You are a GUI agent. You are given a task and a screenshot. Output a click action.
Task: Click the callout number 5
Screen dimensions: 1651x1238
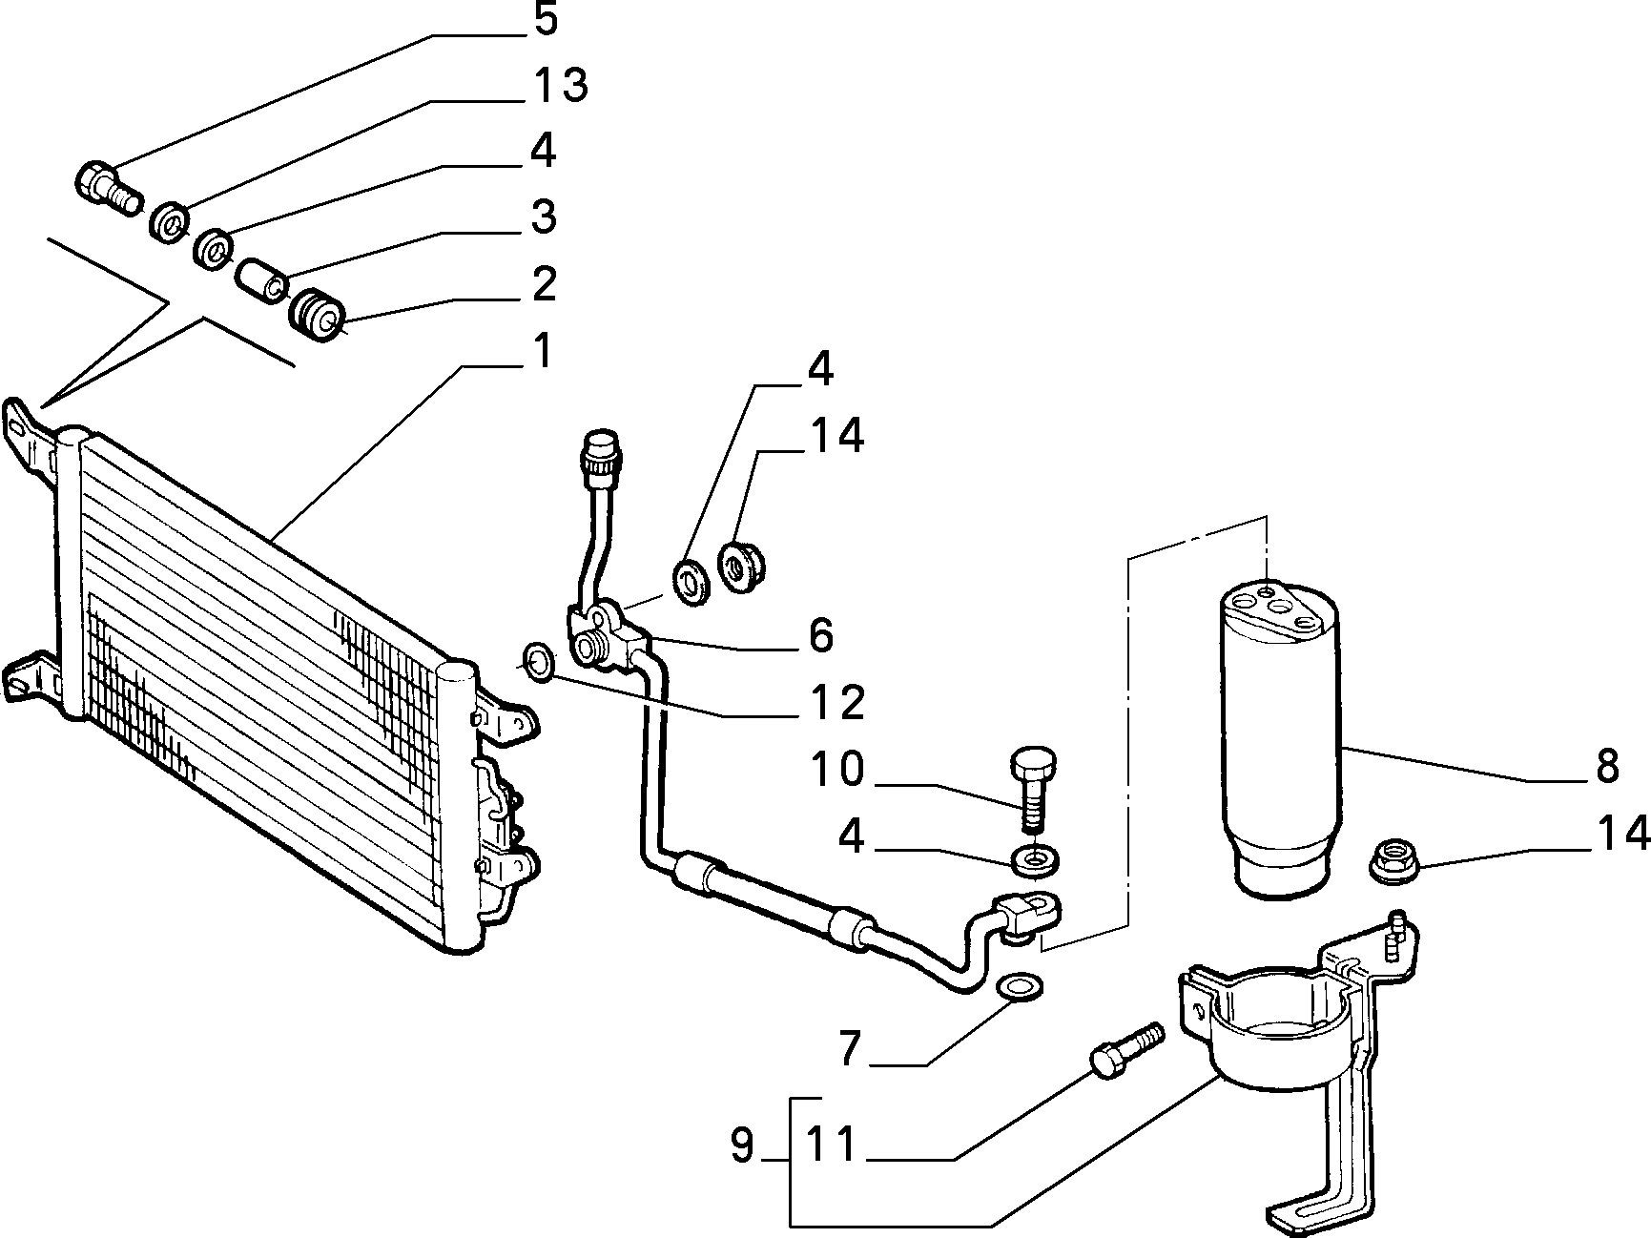pyautogui.click(x=545, y=19)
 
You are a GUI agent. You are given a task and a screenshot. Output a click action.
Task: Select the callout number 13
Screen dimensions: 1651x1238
pyautogui.click(x=558, y=86)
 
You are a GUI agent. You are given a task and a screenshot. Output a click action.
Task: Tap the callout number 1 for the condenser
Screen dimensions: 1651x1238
pyautogui.click(x=541, y=352)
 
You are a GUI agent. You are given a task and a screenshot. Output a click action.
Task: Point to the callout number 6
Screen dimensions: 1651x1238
pyautogui.click(x=820, y=635)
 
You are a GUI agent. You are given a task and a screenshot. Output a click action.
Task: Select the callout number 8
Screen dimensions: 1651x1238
pyautogui.click(x=1607, y=765)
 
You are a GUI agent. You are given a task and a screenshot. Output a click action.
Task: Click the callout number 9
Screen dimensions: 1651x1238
pyautogui.click(x=743, y=1145)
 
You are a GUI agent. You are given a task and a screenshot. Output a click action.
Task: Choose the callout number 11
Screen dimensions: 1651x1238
pyautogui.click(x=832, y=1145)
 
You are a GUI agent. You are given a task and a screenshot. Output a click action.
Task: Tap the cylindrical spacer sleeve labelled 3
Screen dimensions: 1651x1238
pyautogui.click(x=261, y=278)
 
